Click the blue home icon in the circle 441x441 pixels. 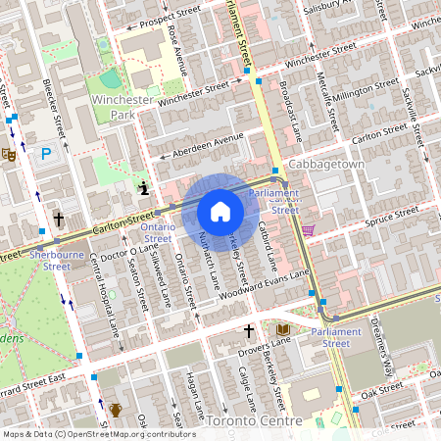click(x=220, y=212)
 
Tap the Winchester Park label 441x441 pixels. click(x=122, y=107)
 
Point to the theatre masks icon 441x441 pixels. click(x=9, y=153)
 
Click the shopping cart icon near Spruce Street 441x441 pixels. click(x=309, y=230)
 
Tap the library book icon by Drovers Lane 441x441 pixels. click(x=283, y=329)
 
